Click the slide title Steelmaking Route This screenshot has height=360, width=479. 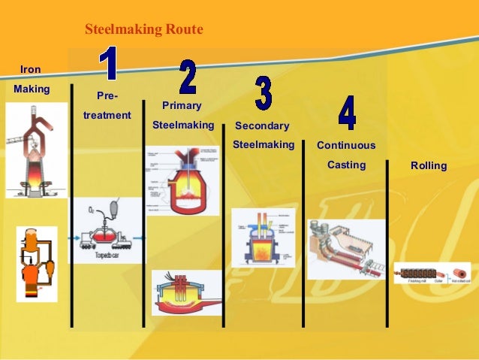[x=144, y=30]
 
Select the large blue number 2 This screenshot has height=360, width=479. [x=188, y=77]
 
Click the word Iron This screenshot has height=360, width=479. [x=30, y=69]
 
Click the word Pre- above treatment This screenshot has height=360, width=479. [x=107, y=96]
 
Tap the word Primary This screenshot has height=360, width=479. [x=182, y=106]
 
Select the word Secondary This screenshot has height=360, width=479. [x=262, y=126]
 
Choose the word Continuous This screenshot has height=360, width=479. [x=346, y=145]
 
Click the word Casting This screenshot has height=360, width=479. [x=346, y=165]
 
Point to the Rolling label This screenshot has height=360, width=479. [x=429, y=165]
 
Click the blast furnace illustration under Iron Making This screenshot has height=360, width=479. [x=35, y=150]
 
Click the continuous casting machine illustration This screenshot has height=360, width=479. [x=345, y=249]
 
